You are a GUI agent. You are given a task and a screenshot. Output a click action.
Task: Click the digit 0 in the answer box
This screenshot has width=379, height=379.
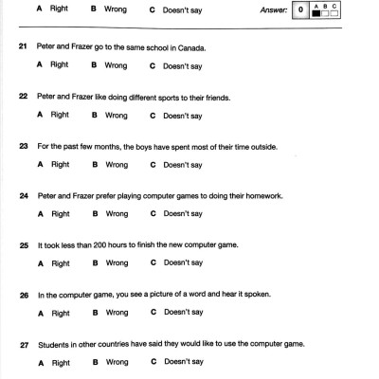(x=299, y=11)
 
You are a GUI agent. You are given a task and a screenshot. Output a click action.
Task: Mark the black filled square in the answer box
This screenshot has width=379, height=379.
(x=316, y=15)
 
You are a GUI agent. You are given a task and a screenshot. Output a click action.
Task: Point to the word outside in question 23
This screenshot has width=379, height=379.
(x=248, y=146)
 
